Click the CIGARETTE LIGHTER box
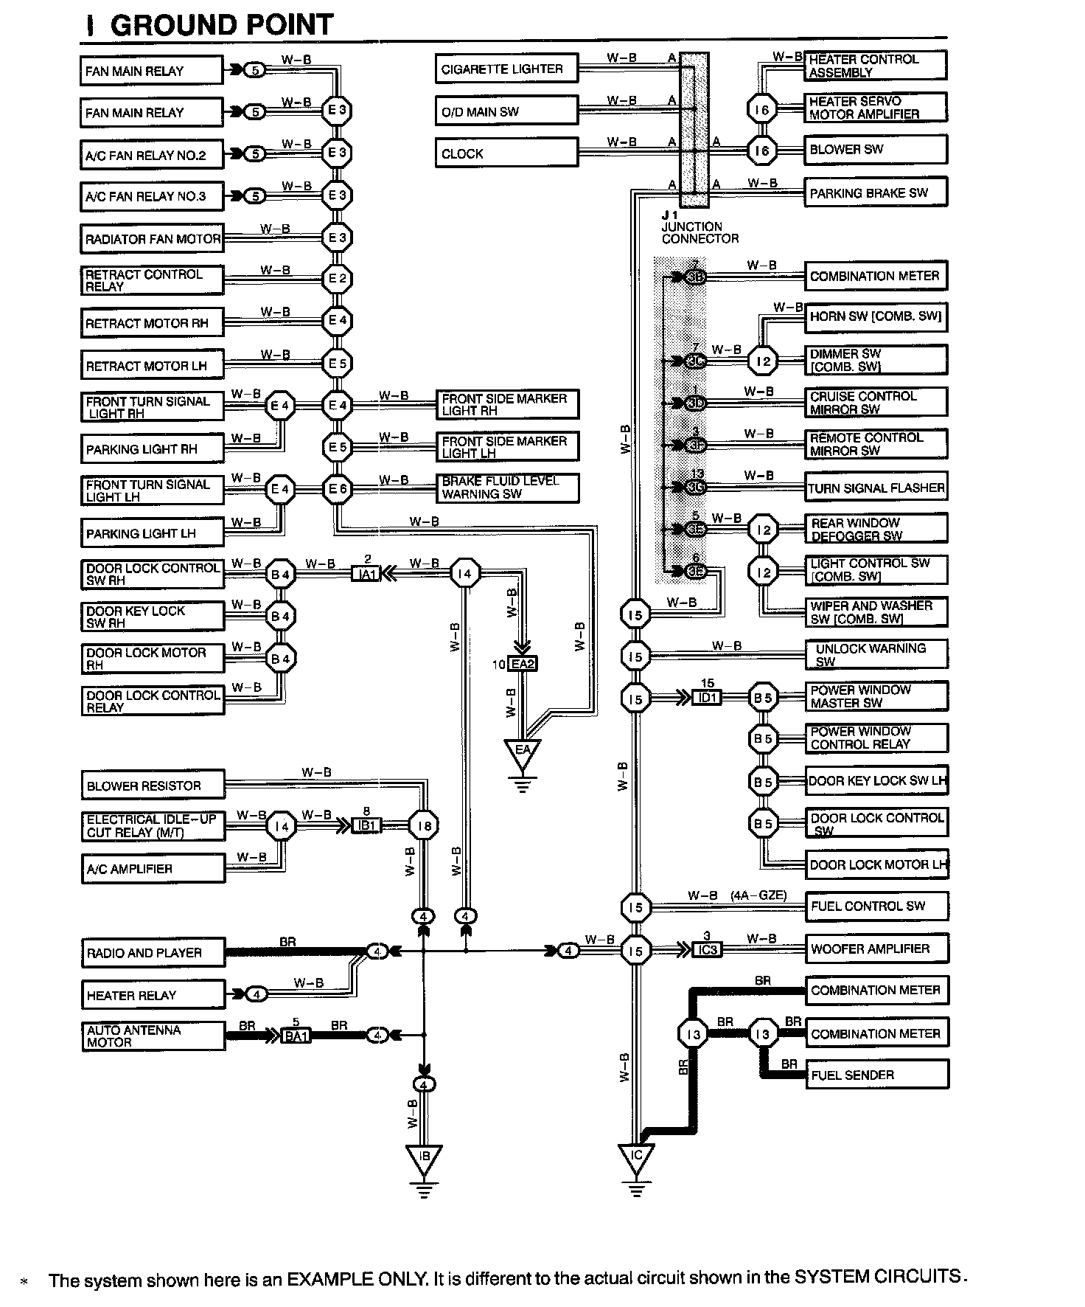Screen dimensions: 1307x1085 [x=506, y=69]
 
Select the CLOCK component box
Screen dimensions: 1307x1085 [x=506, y=153]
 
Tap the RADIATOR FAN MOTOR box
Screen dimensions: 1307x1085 [x=152, y=239]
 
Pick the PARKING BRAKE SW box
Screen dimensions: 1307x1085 [x=874, y=193]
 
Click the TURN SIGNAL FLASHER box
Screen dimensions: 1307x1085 [x=875, y=488]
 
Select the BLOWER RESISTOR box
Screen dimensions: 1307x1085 [x=153, y=786]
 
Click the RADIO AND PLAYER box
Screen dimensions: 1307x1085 [x=153, y=952]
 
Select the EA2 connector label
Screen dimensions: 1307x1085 [x=523, y=664]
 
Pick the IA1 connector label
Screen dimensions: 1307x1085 [x=366, y=574]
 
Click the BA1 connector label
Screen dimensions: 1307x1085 [x=296, y=1036]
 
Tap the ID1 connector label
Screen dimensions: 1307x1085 [x=707, y=697]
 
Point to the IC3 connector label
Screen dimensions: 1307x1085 [x=707, y=950]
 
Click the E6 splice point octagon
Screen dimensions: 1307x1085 [x=338, y=489]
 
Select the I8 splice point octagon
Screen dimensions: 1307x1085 [x=425, y=827]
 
